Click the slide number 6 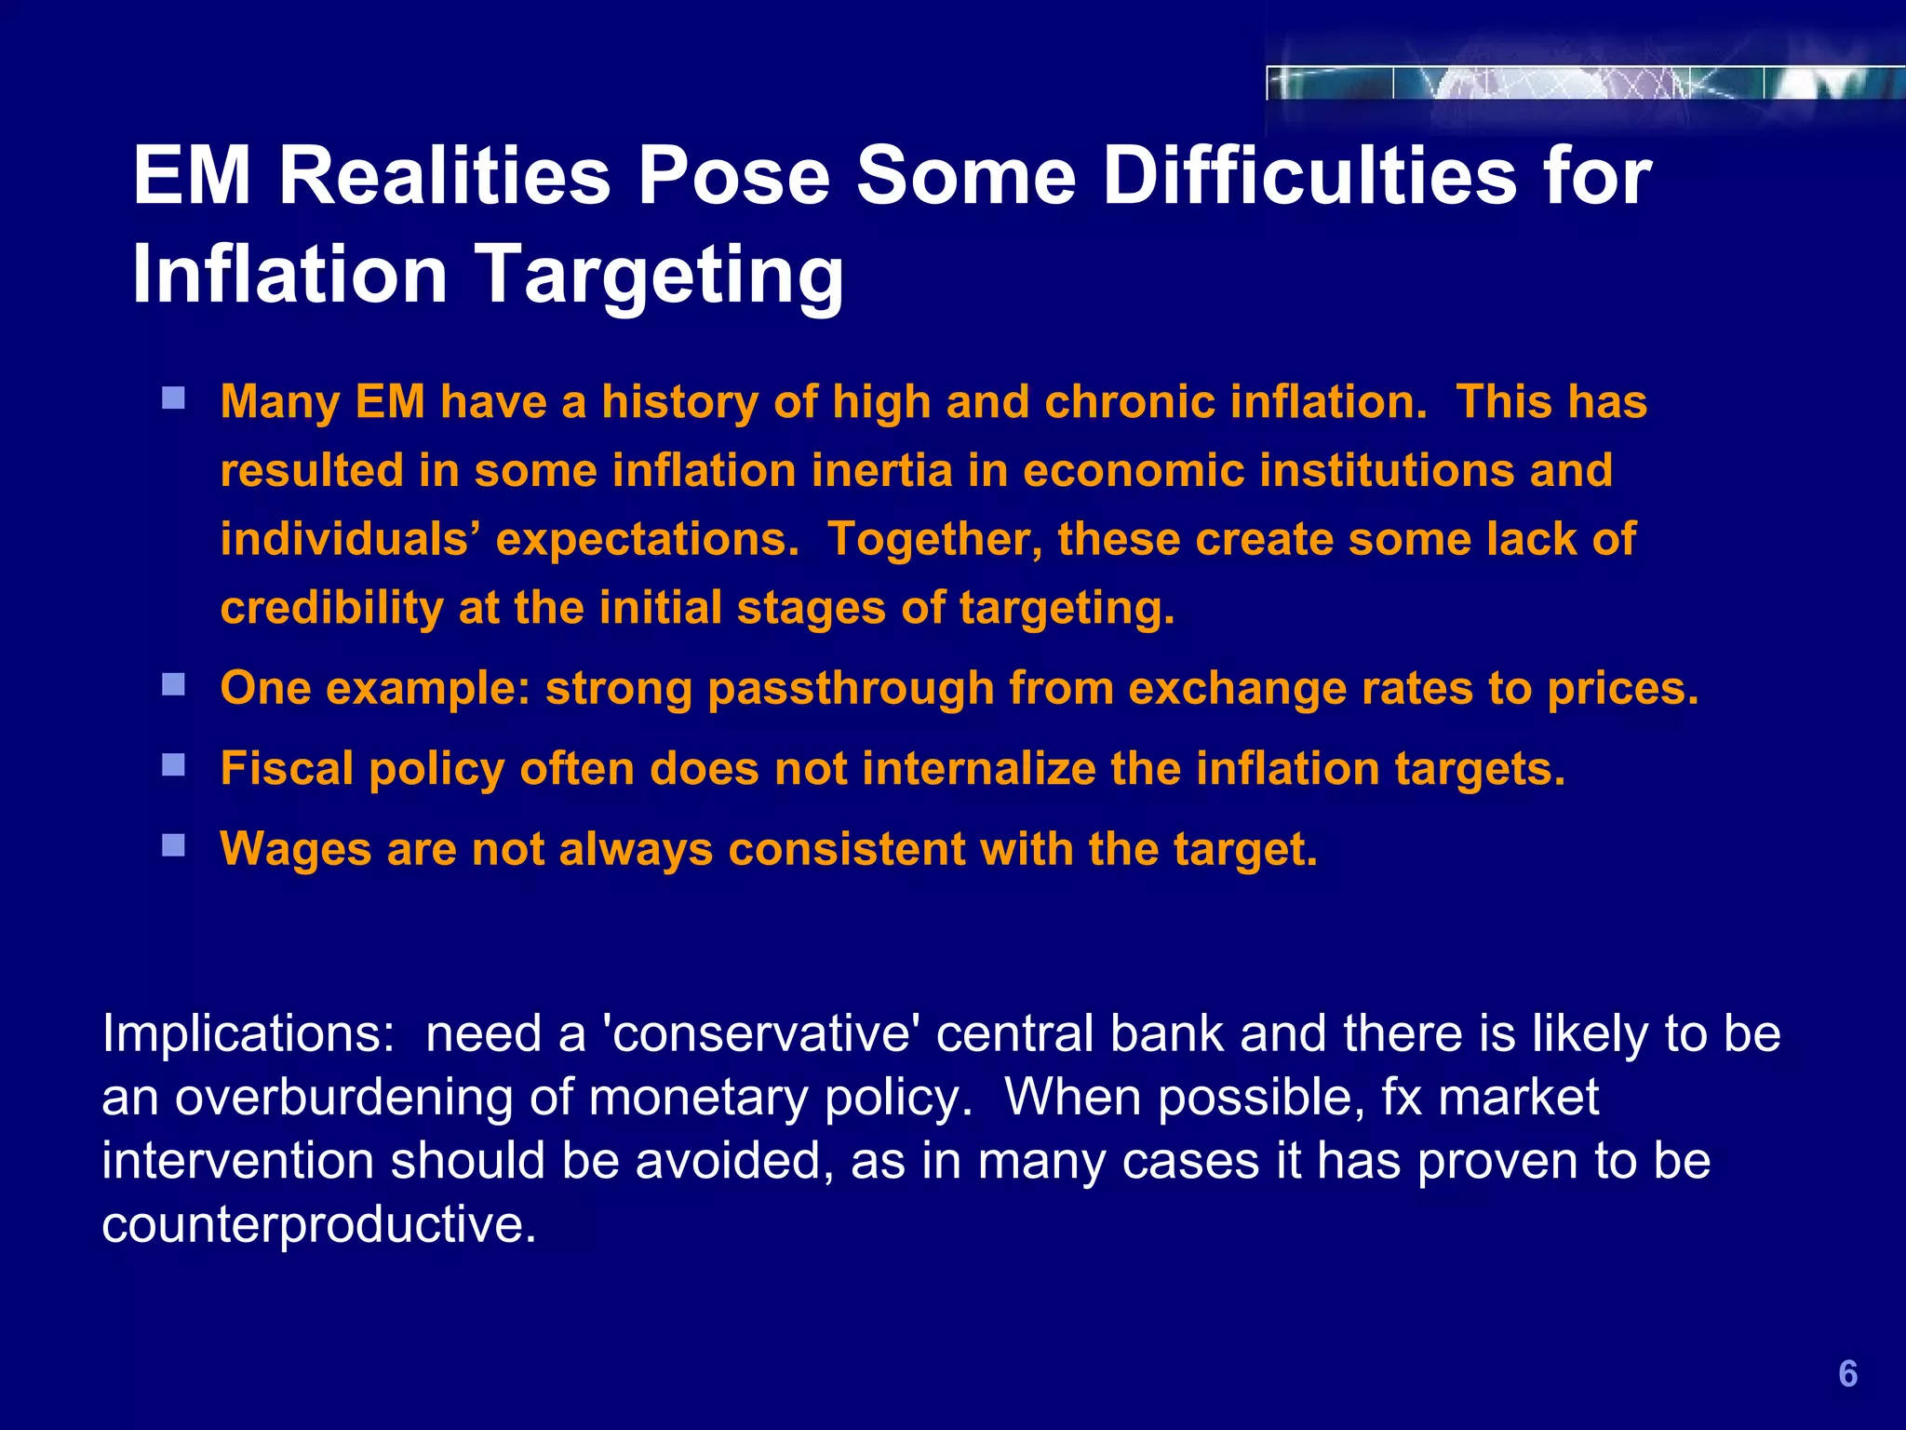pos(1847,1374)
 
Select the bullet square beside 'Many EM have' pos(173,399)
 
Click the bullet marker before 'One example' pos(173,685)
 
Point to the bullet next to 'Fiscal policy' pos(173,765)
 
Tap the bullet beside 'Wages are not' pos(173,845)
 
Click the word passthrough pos(851,689)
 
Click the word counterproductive pos(319,1224)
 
